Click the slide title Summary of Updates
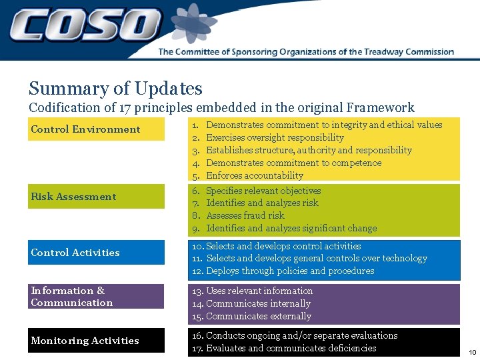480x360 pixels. point(115,89)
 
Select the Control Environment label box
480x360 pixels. point(96,129)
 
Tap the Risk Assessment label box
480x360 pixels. point(96,197)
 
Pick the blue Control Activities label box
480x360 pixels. point(96,253)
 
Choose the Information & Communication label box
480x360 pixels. point(96,297)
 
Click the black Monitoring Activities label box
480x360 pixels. point(96,341)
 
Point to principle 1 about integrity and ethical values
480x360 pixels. point(323,125)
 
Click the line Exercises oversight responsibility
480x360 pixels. point(275,137)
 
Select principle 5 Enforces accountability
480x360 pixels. point(254,175)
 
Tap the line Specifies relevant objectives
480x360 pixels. point(263,191)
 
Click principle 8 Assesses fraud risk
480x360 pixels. point(245,215)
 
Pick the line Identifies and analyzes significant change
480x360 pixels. point(291,228)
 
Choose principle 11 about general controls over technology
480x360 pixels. point(316,258)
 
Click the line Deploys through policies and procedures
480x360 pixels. point(290,271)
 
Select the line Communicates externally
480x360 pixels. point(258,316)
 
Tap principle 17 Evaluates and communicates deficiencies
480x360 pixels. point(291,348)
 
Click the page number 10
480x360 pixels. point(472,352)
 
